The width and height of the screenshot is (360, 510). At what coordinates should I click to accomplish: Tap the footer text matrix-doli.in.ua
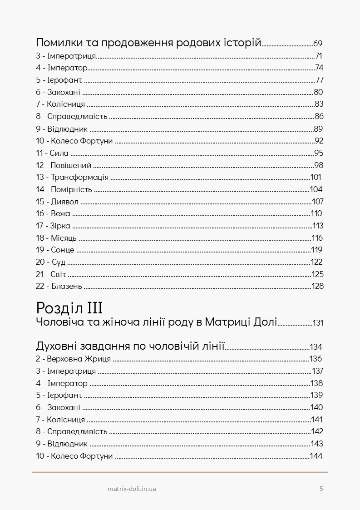(x=132, y=489)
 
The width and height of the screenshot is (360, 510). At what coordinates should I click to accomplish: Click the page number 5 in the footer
(x=321, y=489)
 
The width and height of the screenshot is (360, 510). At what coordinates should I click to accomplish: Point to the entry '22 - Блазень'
(x=59, y=286)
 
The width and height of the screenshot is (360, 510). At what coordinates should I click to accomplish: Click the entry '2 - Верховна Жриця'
(x=73, y=359)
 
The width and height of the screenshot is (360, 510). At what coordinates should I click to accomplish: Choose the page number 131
(x=318, y=323)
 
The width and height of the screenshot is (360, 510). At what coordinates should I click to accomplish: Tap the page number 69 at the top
(x=318, y=44)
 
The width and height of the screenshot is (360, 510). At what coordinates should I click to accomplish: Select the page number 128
(x=317, y=286)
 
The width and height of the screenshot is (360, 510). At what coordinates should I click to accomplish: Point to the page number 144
(x=316, y=456)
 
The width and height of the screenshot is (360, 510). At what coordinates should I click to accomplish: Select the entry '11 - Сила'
(x=52, y=153)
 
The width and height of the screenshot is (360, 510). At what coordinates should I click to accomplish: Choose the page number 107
(x=317, y=201)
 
